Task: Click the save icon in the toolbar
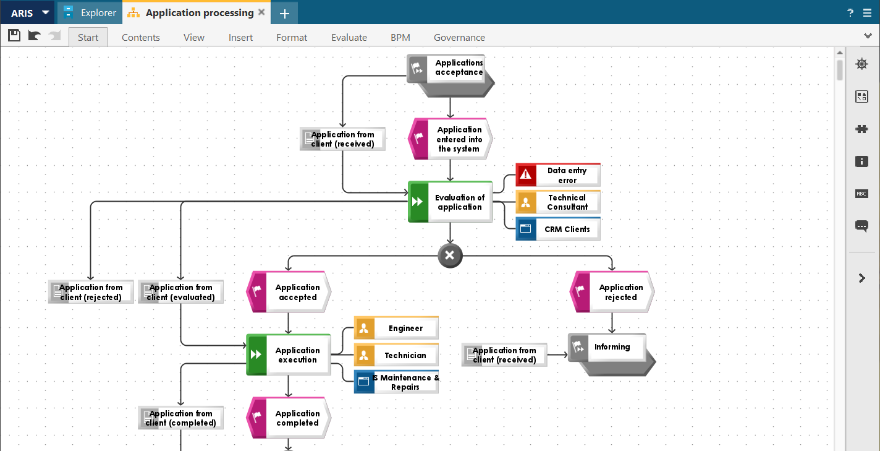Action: coord(14,36)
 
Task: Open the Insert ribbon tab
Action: coord(240,38)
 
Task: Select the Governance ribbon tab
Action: coord(459,38)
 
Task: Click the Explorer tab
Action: coord(90,13)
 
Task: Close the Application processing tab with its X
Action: coord(261,12)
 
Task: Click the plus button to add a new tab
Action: coord(284,14)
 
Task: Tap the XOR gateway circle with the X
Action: coord(450,256)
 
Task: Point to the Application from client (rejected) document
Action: coord(91,292)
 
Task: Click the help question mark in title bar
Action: coord(850,13)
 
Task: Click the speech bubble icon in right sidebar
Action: coord(861,226)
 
